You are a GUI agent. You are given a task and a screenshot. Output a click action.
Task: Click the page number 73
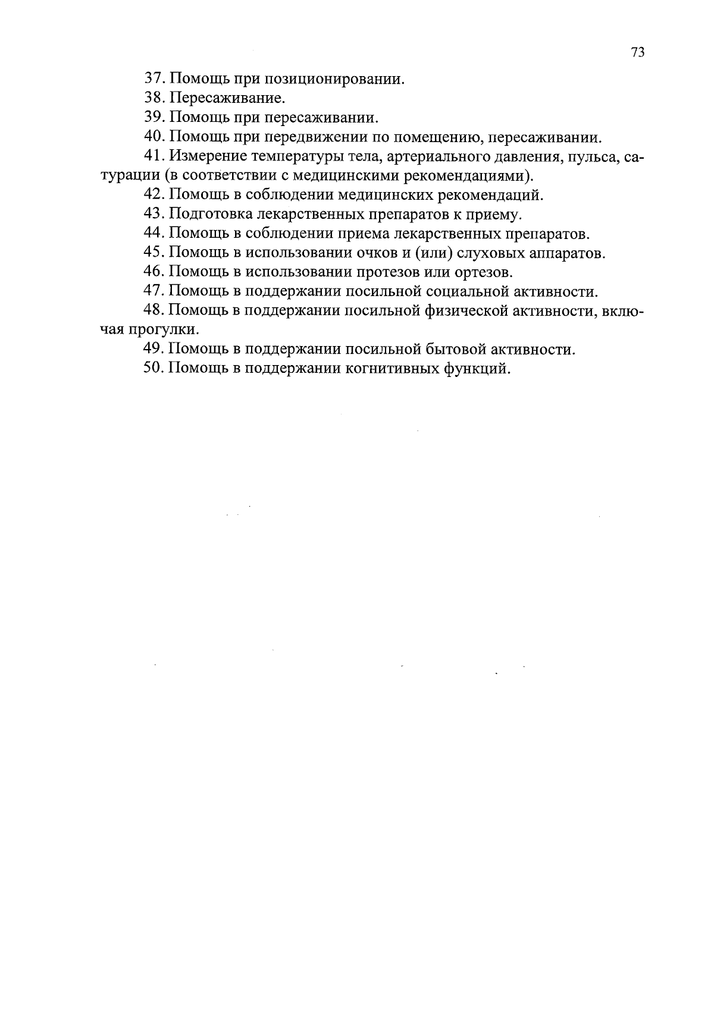[638, 52]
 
